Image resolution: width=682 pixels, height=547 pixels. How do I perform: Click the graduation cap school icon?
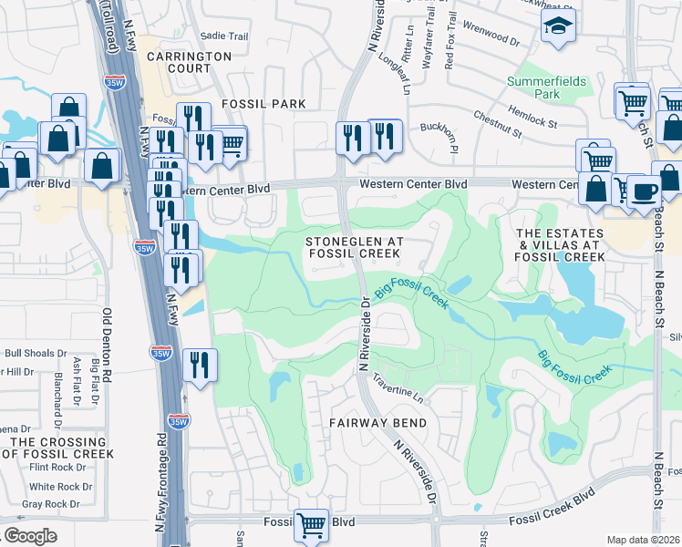pyautogui.click(x=558, y=26)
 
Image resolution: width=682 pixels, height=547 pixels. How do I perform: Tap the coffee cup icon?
pyautogui.click(x=645, y=192)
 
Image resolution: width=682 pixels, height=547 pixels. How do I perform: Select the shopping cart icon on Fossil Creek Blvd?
pyautogui.click(x=311, y=525)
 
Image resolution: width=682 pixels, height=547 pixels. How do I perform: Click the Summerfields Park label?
pyautogui.click(x=546, y=88)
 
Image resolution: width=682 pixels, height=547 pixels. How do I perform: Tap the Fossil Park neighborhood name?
pyautogui.click(x=263, y=104)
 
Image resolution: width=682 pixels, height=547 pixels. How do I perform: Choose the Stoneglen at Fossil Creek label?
pyautogui.click(x=354, y=247)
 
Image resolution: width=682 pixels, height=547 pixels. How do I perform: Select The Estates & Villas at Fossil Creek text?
pyautogui.click(x=560, y=245)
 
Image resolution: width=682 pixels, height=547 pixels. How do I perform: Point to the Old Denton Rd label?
pyautogui.click(x=107, y=346)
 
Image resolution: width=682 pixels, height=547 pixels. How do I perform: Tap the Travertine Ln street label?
pyautogui.click(x=398, y=397)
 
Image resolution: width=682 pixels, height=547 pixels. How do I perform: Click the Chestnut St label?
pyautogui.click(x=497, y=125)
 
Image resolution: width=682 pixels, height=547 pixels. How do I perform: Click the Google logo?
pyautogui.click(x=31, y=536)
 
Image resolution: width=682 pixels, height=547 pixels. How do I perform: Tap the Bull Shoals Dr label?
pyautogui.click(x=36, y=353)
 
